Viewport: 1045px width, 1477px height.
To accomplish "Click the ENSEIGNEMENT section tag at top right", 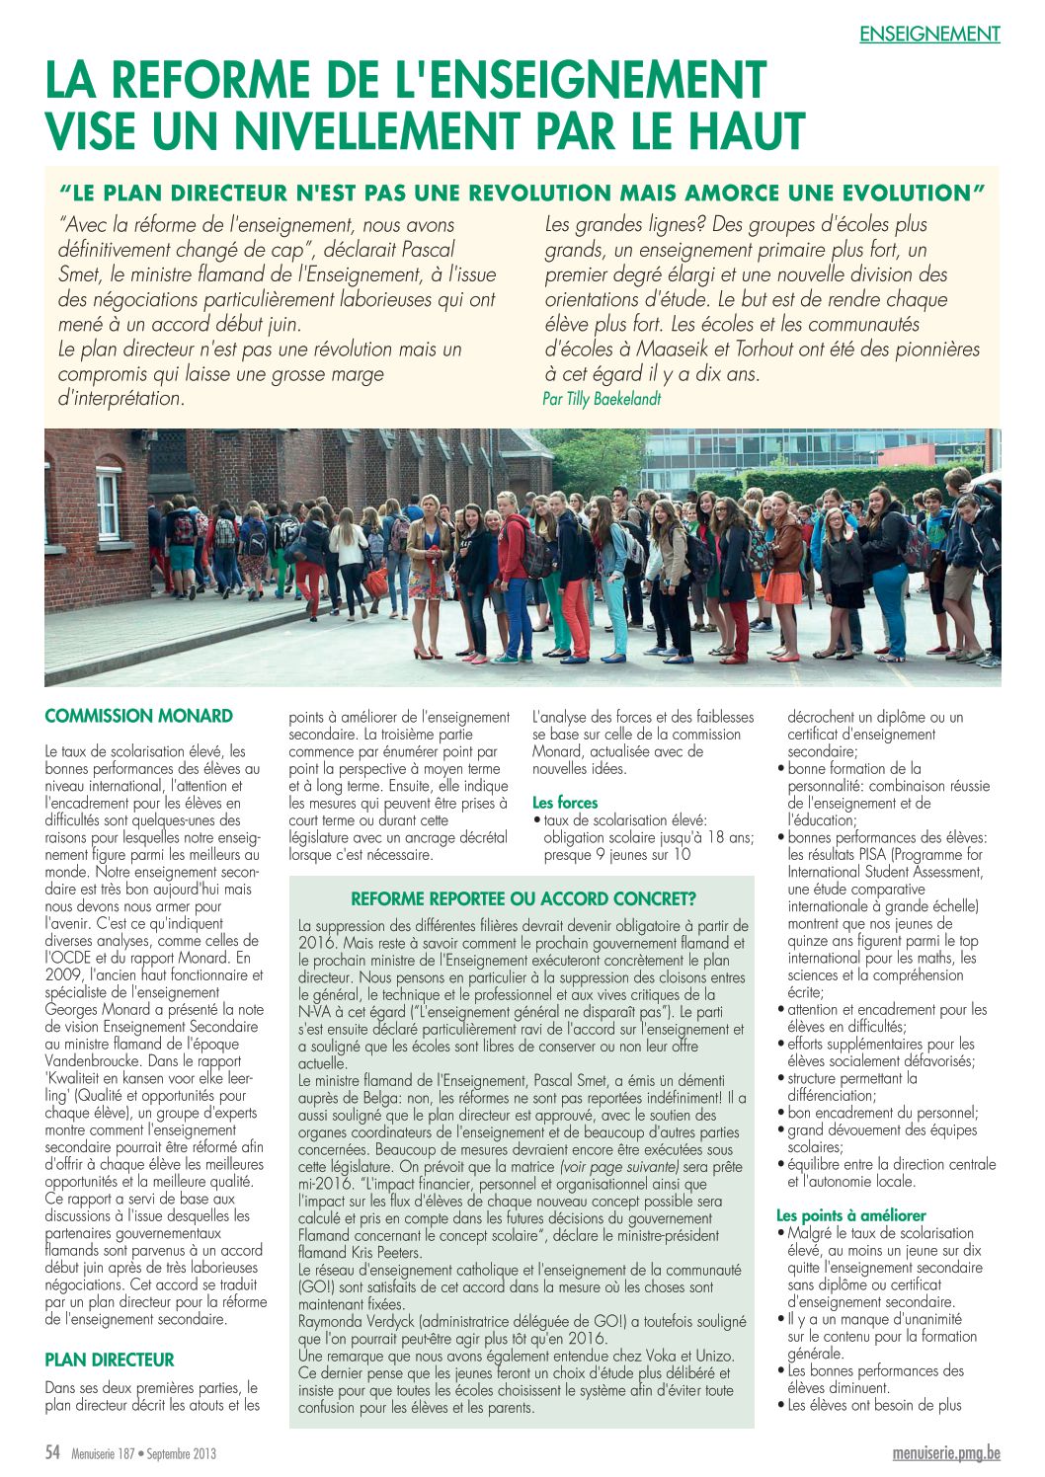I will tap(929, 34).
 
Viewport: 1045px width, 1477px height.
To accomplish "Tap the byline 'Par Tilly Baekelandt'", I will tap(602, 399).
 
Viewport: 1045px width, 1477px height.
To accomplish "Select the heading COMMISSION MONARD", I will tap(139, 716).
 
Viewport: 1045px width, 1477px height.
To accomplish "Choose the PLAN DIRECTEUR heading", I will tap(110, 1360).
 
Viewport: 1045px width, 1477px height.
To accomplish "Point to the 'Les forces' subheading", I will tap(565, 803).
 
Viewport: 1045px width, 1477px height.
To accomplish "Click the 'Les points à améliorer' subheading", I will tap(851, 1215).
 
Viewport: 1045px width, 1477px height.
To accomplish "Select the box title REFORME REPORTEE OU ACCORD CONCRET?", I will tap(523, 898).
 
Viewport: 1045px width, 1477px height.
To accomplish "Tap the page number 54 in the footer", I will tap(53, 1453).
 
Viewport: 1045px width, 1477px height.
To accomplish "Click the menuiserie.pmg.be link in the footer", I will tap(946, 1453).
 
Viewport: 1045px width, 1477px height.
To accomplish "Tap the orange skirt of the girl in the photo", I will tap(783, 587).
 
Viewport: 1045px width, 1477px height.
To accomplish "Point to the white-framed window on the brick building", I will tap(108, 505).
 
